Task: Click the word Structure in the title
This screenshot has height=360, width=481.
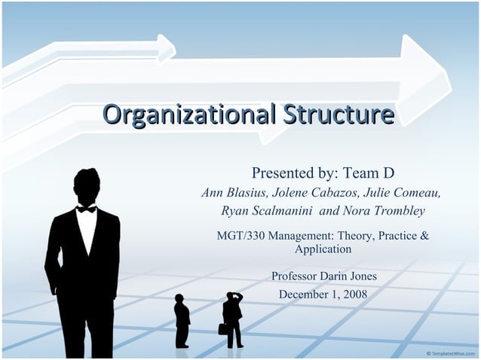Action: pyautogui.click(x=339, y=115)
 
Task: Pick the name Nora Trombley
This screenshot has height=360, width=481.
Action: pyautogui.click(x=383, y=211)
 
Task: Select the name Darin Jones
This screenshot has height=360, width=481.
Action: pyautogui.click(x=348, y=276)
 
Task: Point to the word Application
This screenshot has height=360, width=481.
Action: pyautogui.click(x=323, y=249)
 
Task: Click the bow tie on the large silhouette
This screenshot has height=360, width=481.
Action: pyautogui.click(x=86, y=208)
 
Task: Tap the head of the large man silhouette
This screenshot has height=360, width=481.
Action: pyautogui.click(x=86, y=185)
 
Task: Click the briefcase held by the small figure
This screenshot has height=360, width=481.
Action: pyautogui.click(x=222, y=329)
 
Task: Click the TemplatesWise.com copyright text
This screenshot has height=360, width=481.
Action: pyautogui.click(x=450, y=352)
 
